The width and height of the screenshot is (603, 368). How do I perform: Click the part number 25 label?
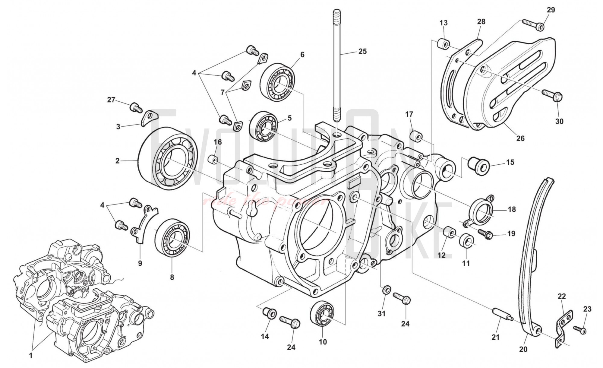tap(362, 52)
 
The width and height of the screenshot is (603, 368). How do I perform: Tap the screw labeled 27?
tap(136, 107)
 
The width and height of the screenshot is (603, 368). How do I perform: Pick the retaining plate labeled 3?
tap(148, 118)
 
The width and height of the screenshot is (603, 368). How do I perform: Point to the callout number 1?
tap(30, 356)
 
